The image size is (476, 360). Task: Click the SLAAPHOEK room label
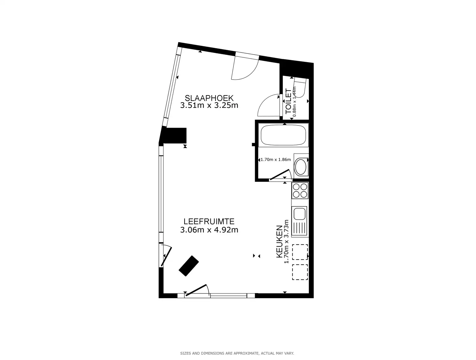(x=209, y=98)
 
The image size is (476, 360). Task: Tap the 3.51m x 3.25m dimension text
(x=209, y=105)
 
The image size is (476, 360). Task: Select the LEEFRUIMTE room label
(x=209, y=221)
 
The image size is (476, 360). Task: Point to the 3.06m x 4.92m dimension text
(x=209, y=229)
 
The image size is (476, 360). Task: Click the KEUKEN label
(x=279, y=241)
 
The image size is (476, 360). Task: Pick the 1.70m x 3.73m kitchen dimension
(x=286, y=241)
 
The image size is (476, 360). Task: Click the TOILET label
(x=288, y=101)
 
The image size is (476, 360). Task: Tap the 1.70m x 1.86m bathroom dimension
(x=276, y=160)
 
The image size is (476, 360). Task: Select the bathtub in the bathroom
(x=283, y=135)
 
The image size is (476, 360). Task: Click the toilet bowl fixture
(x=300, y=88)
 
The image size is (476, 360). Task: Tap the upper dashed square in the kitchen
(x=300, y=252)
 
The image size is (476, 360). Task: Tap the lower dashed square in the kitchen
(x=300, y=272)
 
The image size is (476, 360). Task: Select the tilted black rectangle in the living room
(x=189, y=266)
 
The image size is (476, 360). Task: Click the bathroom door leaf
(x=279, y=175)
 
